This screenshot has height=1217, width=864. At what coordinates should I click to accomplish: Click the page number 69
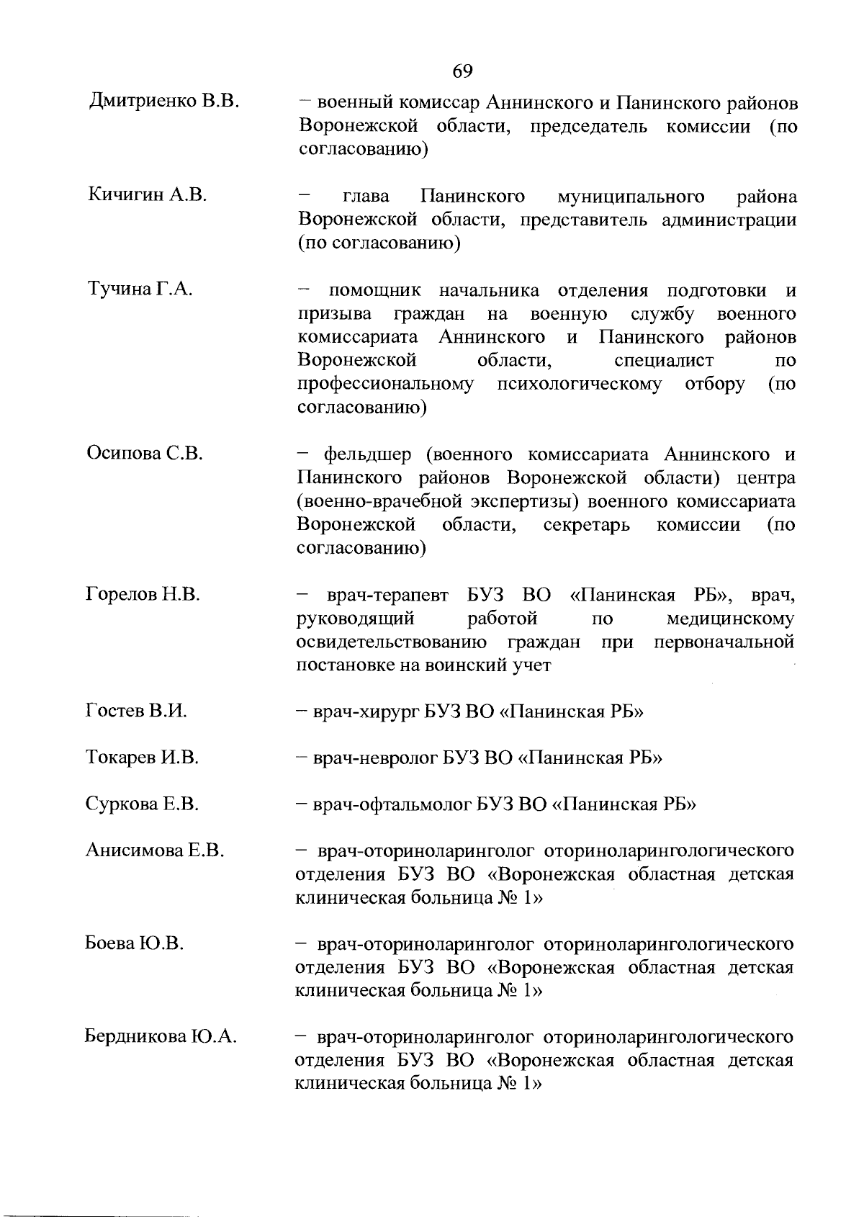coord(462,71)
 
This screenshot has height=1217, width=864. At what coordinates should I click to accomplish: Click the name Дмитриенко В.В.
coord(163,102)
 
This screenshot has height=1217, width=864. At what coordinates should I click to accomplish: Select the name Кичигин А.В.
coord(147,194)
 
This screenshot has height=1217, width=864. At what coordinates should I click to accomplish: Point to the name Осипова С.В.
coord(145,454)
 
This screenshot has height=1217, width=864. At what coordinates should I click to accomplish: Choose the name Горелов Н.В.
coord(143,595)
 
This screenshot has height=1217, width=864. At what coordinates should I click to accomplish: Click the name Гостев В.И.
coord(136,711)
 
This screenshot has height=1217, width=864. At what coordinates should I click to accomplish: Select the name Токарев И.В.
coord(142,758)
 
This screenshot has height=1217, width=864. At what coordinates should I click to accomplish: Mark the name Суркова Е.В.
coord(142,804)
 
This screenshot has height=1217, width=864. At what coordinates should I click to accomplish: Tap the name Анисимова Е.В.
coord(155,850)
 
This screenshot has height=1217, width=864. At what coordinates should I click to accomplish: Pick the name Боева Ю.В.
coord(135,943)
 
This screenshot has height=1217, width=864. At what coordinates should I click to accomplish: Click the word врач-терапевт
coord(387,596)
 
